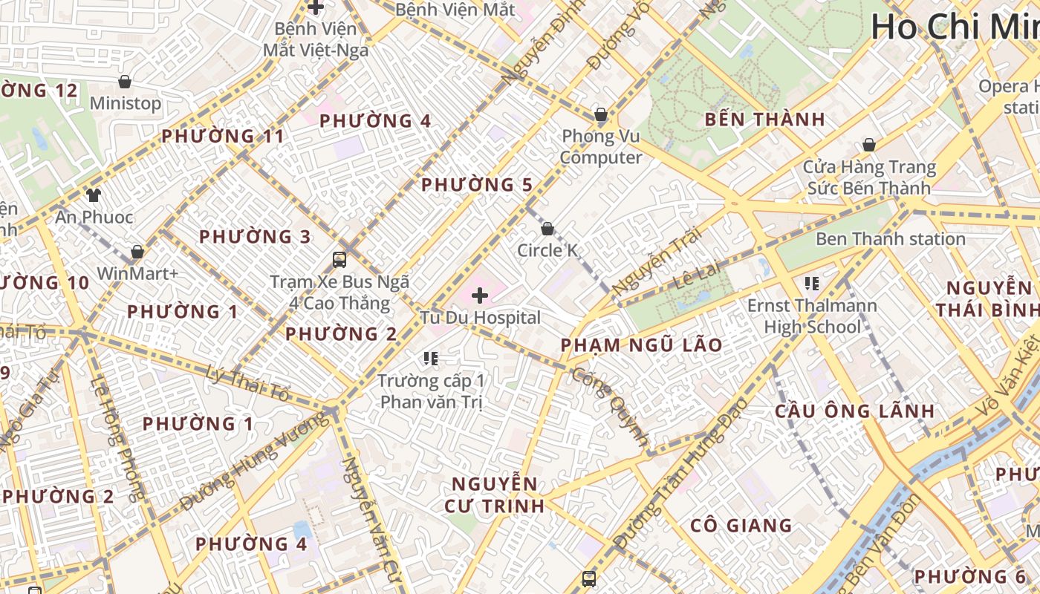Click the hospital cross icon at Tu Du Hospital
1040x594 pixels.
point(480,296)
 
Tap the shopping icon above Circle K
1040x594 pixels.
point(547,229)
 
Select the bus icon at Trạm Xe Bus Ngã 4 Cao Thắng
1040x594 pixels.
point(339,259)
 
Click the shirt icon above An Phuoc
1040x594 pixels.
point(94,195)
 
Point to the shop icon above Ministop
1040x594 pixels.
point(125,81)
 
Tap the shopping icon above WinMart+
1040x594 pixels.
point(137,252)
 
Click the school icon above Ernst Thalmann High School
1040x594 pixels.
point(812,283)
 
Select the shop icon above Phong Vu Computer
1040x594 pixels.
point(600,114)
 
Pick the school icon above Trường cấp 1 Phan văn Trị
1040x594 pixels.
point(430,359)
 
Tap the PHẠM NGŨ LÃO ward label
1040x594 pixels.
point(641,345)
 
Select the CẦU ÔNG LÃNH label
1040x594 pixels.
point(844,411)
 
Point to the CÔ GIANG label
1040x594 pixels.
point(741,526)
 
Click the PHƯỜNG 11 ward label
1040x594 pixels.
point(223,136)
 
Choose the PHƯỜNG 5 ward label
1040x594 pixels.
point(477,184)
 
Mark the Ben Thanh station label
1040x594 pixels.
point(890,239)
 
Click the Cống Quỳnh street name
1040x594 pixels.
point(611,405)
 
